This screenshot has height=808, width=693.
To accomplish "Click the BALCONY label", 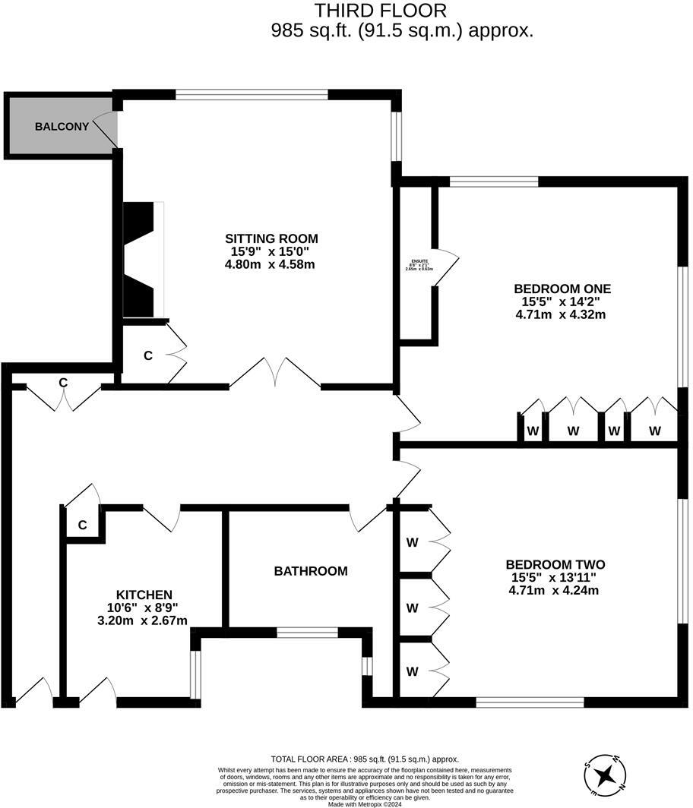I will [x=62, y=126].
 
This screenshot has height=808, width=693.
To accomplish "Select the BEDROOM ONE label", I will [x=562, y=289].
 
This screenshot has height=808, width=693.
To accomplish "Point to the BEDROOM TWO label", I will [x=555, y=564].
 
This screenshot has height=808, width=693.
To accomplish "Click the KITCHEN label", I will [x=144, y=594].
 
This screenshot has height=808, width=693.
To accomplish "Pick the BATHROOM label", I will [x=310, y=570].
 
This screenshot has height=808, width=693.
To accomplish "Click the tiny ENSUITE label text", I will [x=419, y=261].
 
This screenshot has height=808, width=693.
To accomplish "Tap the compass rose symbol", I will [x=606, y=774].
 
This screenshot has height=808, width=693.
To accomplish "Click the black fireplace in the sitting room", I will [x=141, y=258].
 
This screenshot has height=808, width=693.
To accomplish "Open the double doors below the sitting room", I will [x=275, y=374].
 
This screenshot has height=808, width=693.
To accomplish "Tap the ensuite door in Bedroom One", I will [x=447, y=266].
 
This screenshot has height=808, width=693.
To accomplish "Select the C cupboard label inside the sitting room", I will [x=148, y=355].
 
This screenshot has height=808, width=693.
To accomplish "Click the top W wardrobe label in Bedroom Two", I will [x=413, y=542].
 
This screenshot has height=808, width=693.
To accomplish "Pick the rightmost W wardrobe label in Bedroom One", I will [x=654, y=431].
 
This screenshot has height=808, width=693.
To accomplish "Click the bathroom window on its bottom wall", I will [x=307, y=632].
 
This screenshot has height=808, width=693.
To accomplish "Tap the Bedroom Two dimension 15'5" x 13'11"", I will [x=555, y=577].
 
